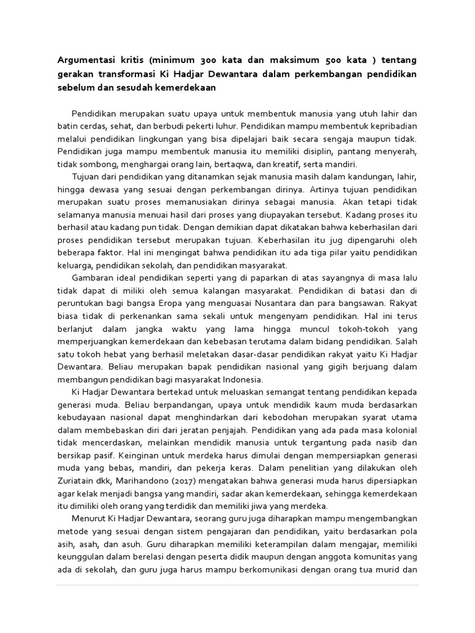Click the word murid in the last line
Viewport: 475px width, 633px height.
[388, 569]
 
